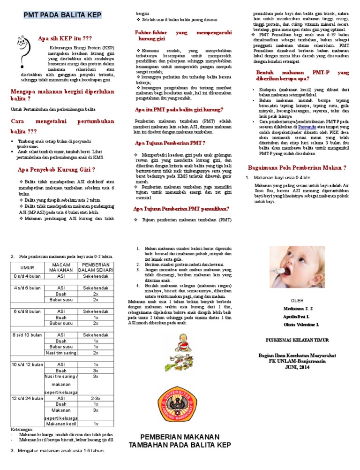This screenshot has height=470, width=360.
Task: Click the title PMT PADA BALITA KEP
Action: click(x=62, y=16)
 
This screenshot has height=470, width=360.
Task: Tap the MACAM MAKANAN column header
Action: click(x=61, y=267)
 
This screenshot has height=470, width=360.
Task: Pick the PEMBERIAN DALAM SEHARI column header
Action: click(x=96, y=267)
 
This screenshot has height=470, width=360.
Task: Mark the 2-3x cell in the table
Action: click(x=96, y=398)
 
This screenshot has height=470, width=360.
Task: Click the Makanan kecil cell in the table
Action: click(x=61, y=424)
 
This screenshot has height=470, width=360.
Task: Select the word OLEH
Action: click(x=298, y=300)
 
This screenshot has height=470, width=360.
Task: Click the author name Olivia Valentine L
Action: click(x=301, y=325)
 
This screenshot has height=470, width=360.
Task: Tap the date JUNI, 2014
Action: click(x=298, y=368)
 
